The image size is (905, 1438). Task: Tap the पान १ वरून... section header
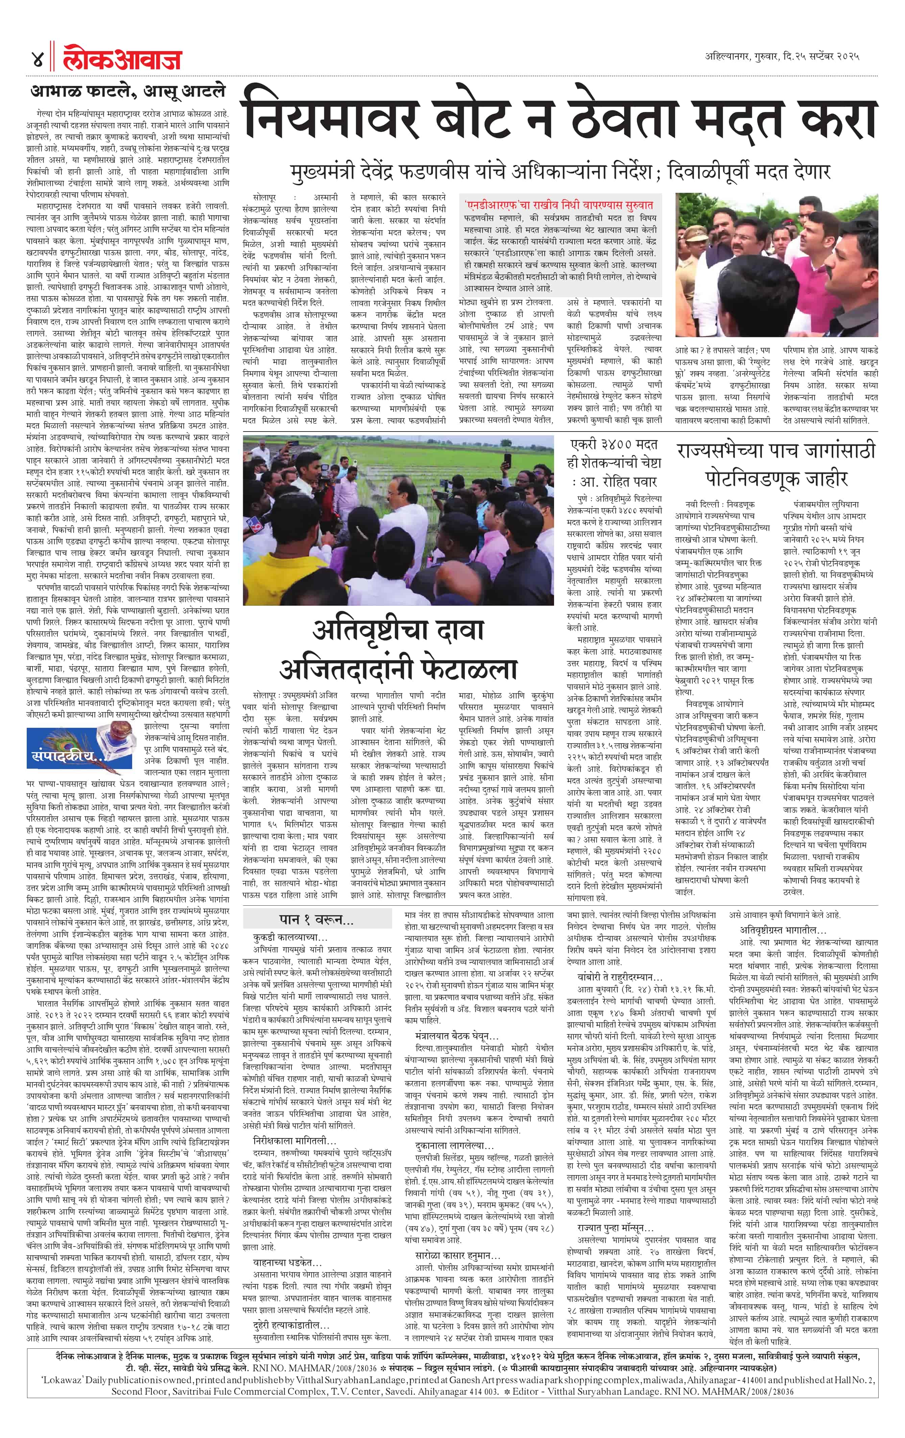[x=316, y=919]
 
